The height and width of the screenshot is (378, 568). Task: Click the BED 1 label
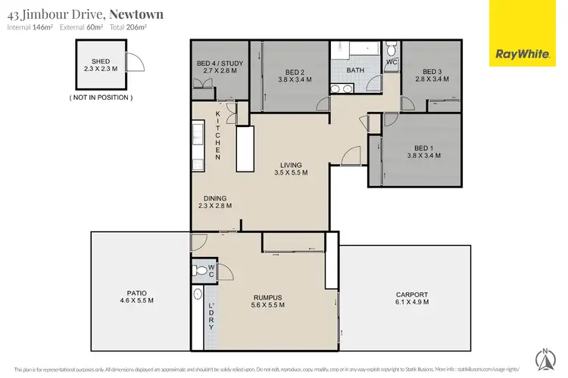(x=423, y=151)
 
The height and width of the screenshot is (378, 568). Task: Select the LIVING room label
(x=291, y=169)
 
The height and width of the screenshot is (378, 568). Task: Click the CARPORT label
(x=412, y=298)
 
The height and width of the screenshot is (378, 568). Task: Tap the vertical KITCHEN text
(x=217, y=135)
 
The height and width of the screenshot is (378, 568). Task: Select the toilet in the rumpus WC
(x=199, y=270)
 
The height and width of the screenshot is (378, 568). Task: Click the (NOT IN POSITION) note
(x=101, y=98)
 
